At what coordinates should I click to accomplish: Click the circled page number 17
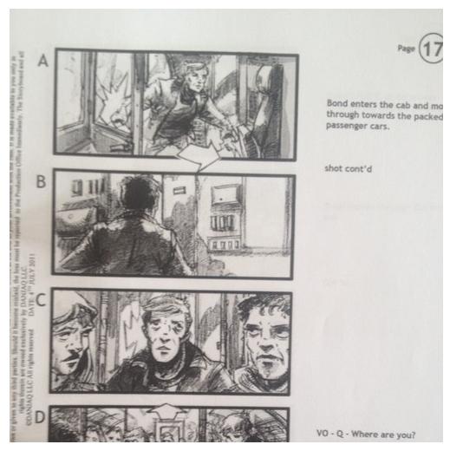(x=432, y=49)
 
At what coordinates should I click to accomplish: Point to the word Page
(x=406, y=49)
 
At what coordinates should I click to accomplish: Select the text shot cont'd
(x=348, y=168)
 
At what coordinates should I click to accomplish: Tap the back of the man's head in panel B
(x=136, y=193)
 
